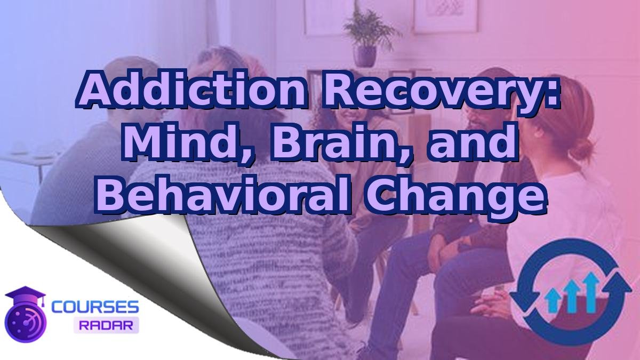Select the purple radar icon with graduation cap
click(25, 315)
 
